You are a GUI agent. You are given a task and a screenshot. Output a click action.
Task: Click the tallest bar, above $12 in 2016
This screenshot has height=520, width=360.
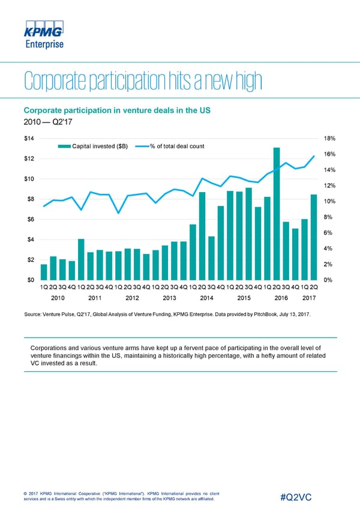[x=277, y=213]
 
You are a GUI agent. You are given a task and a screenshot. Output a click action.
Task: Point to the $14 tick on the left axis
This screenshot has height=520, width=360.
[x=29, y=139]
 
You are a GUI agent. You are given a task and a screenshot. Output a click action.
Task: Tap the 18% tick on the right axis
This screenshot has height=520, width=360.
[x=329, y=139]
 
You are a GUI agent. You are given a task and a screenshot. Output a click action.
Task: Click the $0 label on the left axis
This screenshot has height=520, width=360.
[x=29, y=280]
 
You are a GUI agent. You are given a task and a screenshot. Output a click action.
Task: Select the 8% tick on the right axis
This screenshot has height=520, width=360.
[x=329, y=217]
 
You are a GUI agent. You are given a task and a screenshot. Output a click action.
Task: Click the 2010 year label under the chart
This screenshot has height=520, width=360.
[x=58, y=297]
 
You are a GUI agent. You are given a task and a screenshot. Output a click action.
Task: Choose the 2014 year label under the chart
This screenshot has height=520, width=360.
[x=207, y=297]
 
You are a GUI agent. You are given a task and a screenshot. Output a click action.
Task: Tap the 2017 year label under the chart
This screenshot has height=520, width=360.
[x=310, y=297]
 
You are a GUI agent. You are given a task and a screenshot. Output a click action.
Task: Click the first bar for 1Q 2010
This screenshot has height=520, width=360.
[x=44, y=272]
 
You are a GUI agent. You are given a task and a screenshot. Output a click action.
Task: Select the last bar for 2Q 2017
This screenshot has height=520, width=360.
[x=314, y=237]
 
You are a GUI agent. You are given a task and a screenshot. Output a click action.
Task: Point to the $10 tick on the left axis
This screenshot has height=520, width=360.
[x=29, y=179]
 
